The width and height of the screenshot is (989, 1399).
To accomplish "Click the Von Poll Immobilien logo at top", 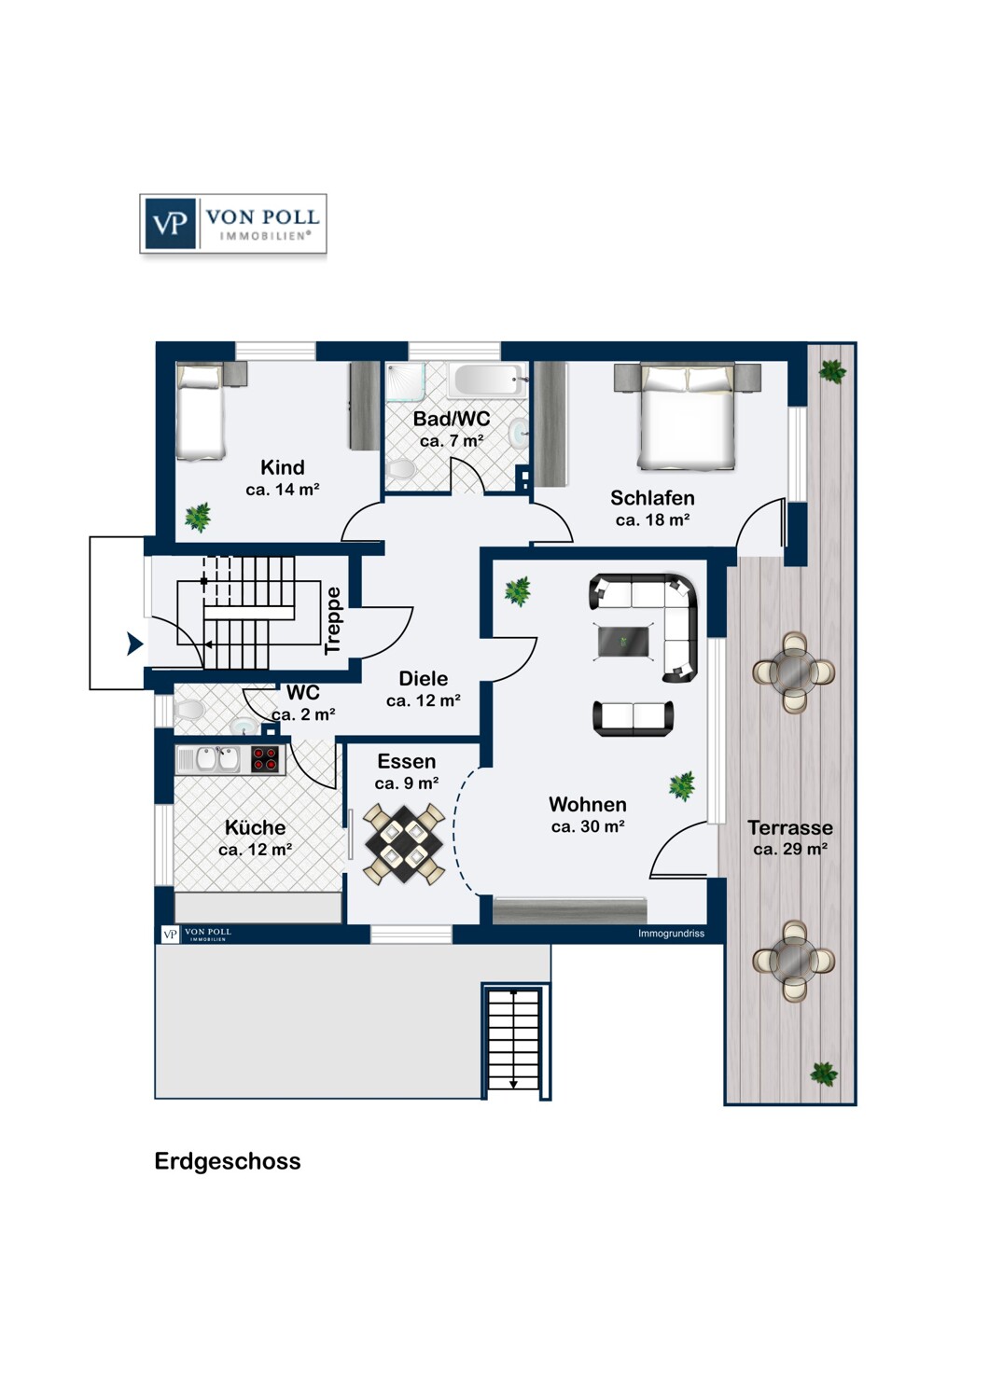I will [233, 224].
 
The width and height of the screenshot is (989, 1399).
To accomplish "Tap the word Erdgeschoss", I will [228, 1161].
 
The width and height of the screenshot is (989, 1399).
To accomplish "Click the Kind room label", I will [283, 467].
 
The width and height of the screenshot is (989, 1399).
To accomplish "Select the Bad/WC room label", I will [452, 419].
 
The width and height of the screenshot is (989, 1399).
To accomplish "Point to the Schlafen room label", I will [652, 498].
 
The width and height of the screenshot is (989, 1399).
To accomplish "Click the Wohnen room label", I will [588, 804].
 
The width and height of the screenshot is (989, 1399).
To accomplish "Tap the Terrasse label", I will [790, 827].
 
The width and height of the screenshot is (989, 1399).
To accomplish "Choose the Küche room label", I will [255, 827].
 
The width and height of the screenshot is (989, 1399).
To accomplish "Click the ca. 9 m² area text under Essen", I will [407, 783].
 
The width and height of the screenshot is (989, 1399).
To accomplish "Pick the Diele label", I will [424, 678].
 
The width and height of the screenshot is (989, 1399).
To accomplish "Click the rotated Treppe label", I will [333, 621].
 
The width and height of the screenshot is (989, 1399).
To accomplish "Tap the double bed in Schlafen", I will [687, 416].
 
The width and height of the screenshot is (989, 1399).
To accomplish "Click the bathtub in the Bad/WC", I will [484, 381].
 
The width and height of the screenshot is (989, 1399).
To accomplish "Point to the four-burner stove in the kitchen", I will [267, 759].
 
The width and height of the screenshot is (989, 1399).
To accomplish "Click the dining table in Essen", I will [405, 844].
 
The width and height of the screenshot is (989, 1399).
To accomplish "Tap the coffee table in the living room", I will [623, 641].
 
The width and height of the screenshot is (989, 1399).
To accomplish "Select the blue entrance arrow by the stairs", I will [134, 644].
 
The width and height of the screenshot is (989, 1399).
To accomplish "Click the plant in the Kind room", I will [198, 516].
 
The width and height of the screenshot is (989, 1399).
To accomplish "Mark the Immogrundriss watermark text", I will [671, 934].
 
